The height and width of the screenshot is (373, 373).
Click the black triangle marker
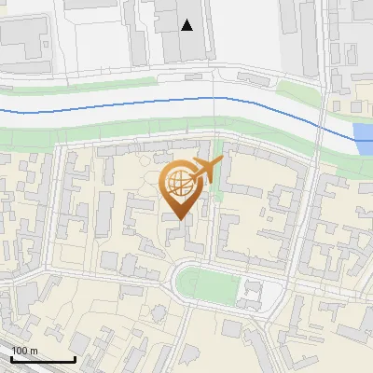point(187,25)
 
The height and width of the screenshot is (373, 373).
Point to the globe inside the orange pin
point(180,184)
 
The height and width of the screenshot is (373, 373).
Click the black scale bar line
point(43,360)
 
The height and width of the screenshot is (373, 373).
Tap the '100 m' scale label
point(24,352)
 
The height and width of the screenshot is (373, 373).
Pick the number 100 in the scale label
point(21,352)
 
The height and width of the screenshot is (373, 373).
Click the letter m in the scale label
point(34,352)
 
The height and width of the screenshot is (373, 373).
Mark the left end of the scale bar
point(11,360)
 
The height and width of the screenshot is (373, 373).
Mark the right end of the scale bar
point(75,360)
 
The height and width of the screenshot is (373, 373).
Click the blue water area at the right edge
point(365,139)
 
